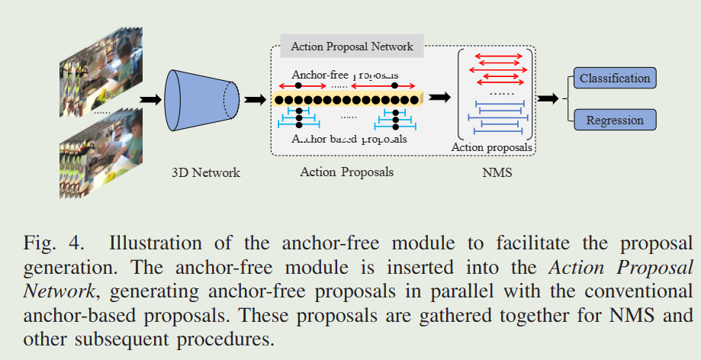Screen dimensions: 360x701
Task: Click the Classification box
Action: tap(615, 79)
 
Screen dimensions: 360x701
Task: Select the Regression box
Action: tap(614, 120)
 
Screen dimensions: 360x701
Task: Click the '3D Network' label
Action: tap(206, 172)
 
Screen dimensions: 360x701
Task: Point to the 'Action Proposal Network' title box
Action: tap(352, 47)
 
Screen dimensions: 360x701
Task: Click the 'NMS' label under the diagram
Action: tap(497, 172)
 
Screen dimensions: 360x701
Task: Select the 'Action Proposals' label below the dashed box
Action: tap(347, 172)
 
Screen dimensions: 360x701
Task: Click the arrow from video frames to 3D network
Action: tap(151, 99)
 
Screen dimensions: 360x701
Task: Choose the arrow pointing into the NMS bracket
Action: tap(439, 97)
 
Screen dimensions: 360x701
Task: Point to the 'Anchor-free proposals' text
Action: tap(345, 75)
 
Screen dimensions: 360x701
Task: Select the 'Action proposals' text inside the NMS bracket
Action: tap(492, 147)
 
